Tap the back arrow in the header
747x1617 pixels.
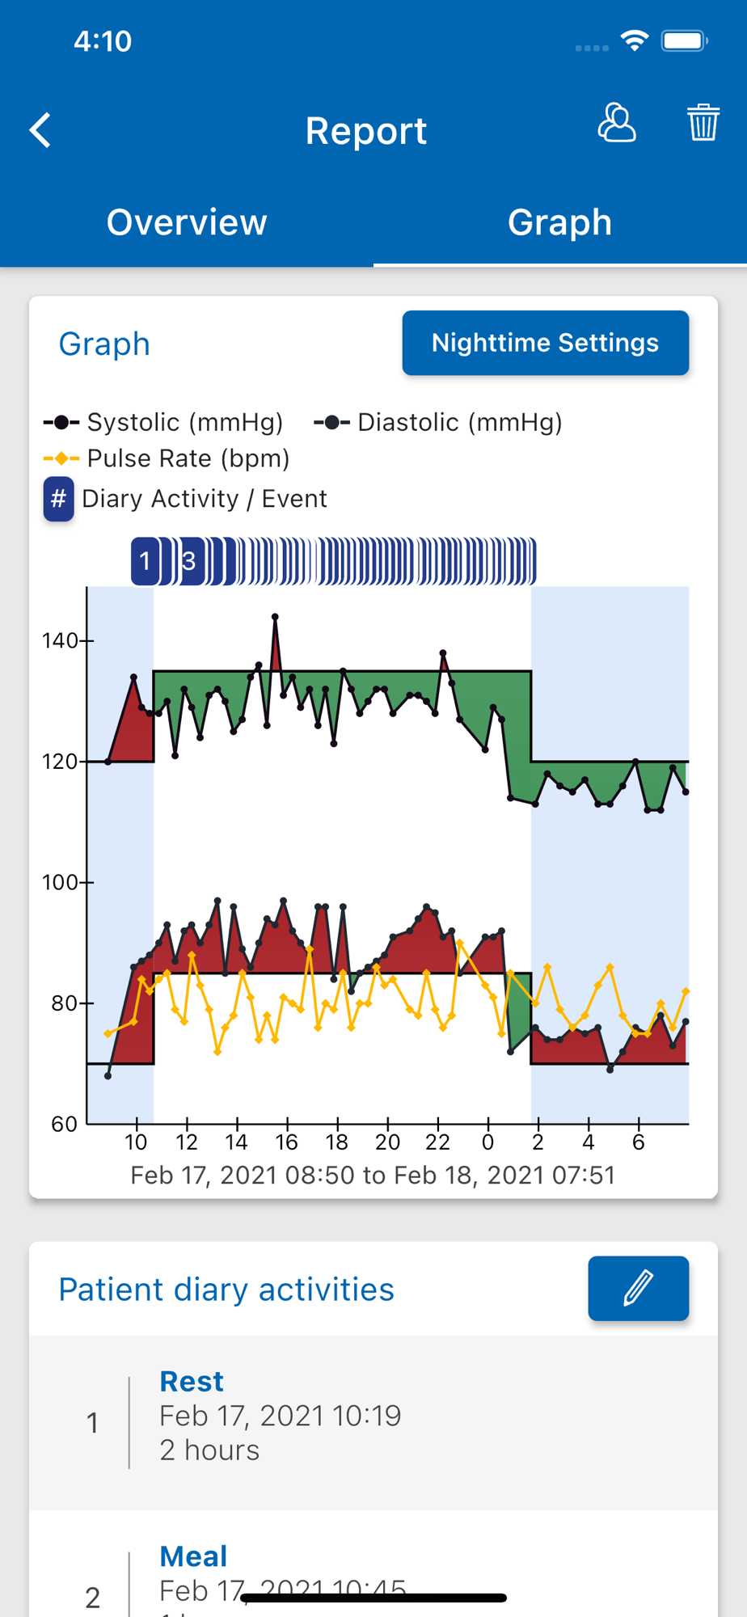pos(40,130)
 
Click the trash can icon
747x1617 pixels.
pos(703,123)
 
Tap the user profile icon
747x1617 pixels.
pos(617,123)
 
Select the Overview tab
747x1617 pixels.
pos(187,222)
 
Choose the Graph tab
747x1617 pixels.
pos(559,222)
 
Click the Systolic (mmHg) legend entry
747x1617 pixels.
pos(164,422)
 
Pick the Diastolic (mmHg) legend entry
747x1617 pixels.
pos(438,422)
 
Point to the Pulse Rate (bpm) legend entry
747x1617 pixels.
pos(167,458)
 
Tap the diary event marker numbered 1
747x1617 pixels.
pos(145,561)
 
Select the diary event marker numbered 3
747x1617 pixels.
pos(189,561)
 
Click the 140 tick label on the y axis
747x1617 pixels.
pos(60,641)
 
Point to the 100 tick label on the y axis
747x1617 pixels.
pos(60,882)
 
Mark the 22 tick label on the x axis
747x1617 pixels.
pos(437,1142)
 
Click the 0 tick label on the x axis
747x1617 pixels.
pos(487,1142)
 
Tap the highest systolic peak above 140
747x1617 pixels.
pos(276,617)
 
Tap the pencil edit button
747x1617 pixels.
pos(638,1288)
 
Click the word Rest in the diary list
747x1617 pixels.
pos(192,1381)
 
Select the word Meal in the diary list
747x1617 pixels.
pos(193,1556)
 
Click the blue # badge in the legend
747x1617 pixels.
pos(58,499)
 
